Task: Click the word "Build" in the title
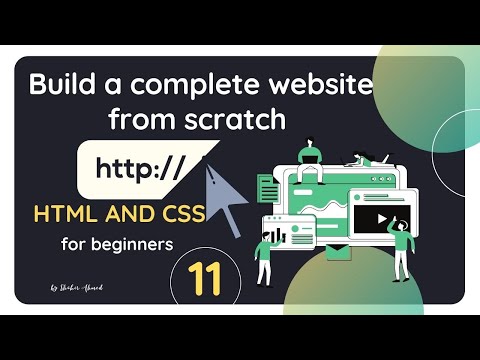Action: [x=59, y=86]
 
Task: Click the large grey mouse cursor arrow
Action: [x=222, y=195]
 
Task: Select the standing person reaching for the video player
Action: [x=402, y=245]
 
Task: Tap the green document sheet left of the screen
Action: [x=267, y=188]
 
